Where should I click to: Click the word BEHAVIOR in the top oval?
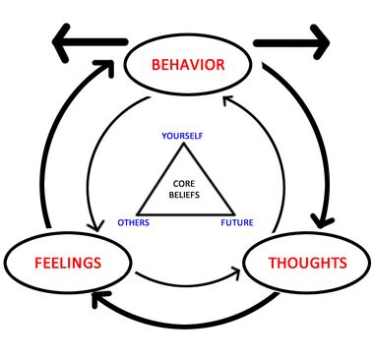pyautogui.click(x=187, y=66)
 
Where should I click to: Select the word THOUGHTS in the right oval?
pyautogui.click(x=306, y=264)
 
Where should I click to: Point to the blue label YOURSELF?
pyautogui.click(x=182, y=135)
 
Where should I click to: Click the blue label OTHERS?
pyautogui.click(x=133, y=222)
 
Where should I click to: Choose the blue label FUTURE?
pyautogui.click(x=236, y=222)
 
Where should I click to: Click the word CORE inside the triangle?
pyautogui.click(x=185, y=184)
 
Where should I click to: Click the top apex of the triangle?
pyautogui.click(x=185, y=146)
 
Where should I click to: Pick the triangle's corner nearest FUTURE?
pyautogui.click(x=233, y=212)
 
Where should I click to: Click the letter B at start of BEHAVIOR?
pyautogui.click(x=155, y=66)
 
